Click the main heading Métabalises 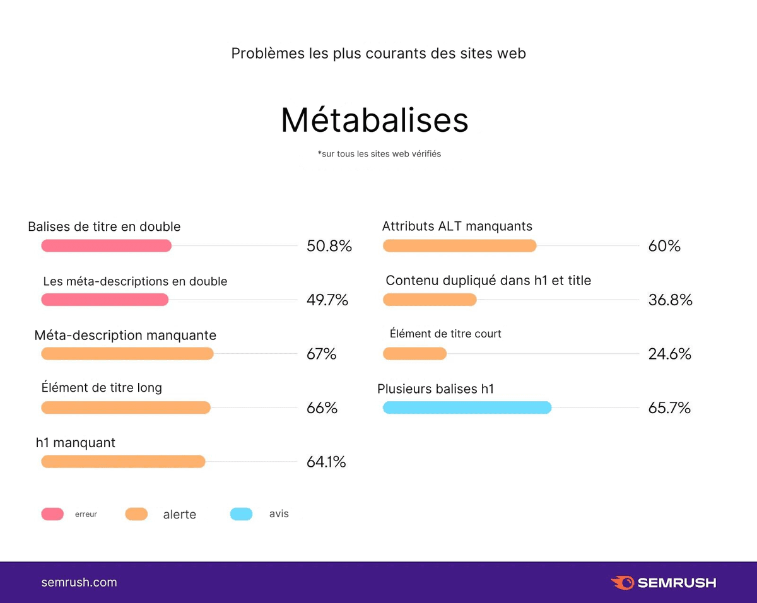(x=375, y=120)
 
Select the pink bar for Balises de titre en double (x=106, y=246)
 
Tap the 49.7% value (x=327, y=300)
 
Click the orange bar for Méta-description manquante (x=127, y=354)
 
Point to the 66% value (x=322, y=408)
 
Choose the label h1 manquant (x=76, y=443)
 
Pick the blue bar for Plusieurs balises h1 (x=467, y=408)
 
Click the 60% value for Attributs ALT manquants (x=664, y=246)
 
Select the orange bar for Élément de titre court (x=414, y=354)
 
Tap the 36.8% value (x=670, y=300)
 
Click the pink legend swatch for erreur (x=52, y=514)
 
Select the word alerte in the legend (x=179, y=515)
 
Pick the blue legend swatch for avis (x=241, y=514)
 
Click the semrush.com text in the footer (x=79, y=582)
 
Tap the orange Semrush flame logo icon (x=622, y=582)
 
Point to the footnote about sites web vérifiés (x=379, y=153)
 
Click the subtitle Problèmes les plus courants (x=378, y=54)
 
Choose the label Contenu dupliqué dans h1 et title (x=488, y=281)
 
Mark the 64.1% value (x=326, y=462)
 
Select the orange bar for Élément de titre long (x=126, y=408)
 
